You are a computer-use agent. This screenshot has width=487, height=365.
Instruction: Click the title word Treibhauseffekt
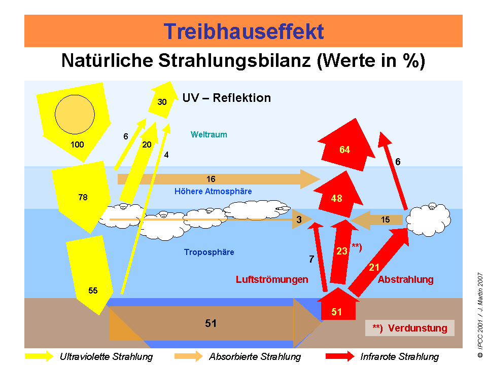[x=243, y=31]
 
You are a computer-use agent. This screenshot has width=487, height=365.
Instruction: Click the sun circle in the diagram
[x=75, y=114]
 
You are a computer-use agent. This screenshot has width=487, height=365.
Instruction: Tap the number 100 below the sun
[x=77, y=145]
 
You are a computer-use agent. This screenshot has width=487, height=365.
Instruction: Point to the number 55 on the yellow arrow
[x=93, y=291]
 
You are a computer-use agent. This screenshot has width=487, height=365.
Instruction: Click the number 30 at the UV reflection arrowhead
[x=162, y=102]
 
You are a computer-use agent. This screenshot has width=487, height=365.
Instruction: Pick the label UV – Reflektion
[x=226, y=98]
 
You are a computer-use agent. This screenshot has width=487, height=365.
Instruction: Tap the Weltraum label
[x=208, y=135]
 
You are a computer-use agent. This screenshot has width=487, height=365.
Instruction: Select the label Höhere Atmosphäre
[x=213, y=192]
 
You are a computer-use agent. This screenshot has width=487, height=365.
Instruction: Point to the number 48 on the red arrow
[x=336, y=199]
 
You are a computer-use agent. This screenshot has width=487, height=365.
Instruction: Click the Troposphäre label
[x=209, y=252]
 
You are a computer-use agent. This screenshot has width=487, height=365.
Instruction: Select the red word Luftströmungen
[x=272, y=279]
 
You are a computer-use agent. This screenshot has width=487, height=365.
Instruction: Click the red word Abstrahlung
[x=406, y=279]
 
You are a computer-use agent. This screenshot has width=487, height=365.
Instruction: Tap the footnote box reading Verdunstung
[x=409, y=328]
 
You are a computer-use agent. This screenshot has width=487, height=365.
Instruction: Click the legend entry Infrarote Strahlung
[x=399, y=356]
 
